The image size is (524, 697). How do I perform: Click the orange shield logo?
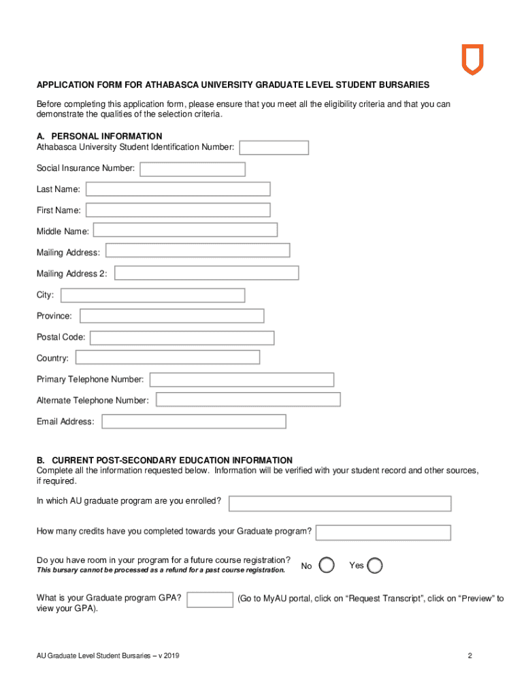click(x=472, y=59)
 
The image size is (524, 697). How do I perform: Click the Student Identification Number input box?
click(x=274, y=148)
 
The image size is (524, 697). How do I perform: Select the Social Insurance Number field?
click(x=193, y=168)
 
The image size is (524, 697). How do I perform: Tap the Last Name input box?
click(x=178, y=189)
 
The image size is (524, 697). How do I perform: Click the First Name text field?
click(x=178, y=210)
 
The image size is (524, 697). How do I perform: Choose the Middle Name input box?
click(x=185, y=231)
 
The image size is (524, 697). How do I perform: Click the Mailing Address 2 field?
click(x=207, y=273)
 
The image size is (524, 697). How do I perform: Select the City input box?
click(x=152, y=295)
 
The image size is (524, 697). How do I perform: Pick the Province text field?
click(x=171, y=316)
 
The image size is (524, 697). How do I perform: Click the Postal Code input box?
click(x=182, y=338)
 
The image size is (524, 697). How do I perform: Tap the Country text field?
click(x=167, y=357)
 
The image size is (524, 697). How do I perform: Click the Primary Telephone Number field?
click(x=242, y=379)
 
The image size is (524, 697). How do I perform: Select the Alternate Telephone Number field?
click(x=248, y=400)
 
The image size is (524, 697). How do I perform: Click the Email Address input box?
click(x=193, y=421)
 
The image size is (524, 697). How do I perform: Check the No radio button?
click(x=327, y=566)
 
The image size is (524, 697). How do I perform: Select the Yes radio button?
click(x=375, y=566)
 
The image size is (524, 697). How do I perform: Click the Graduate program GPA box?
click(x=210, y=599)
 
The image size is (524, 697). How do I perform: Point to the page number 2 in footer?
click(x=470, y=656)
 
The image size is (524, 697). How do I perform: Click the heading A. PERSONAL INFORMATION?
click(x=99, y=136)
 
